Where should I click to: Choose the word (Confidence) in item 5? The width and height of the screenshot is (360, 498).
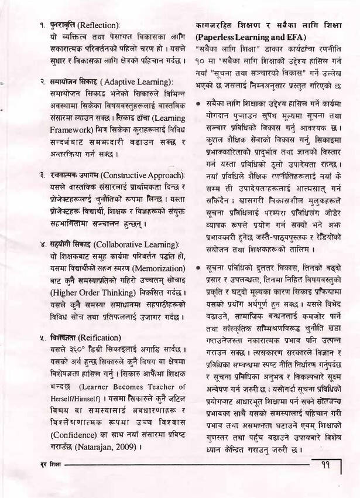74,436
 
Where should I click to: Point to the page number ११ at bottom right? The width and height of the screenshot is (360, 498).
327,466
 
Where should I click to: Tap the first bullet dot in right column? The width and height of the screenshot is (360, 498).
199,103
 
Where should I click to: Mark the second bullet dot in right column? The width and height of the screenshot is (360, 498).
199,268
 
